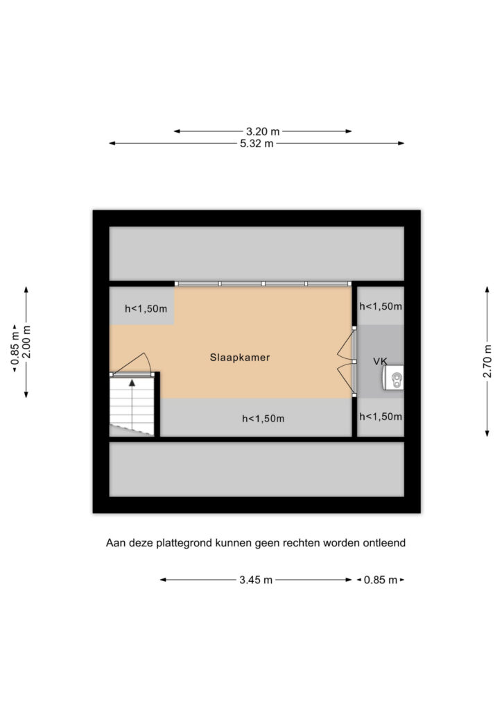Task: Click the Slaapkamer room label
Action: [x=239, y=358]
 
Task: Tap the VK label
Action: [x=380, y=361]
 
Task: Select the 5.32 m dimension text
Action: [x=257, y=144]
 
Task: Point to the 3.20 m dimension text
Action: [x=263, y=131]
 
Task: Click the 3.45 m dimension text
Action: [x=256, y=580]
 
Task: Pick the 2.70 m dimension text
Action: [x=487, y=361]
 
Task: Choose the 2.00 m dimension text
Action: [x=26, y=342]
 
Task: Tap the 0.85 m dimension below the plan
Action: [x=380, y=580]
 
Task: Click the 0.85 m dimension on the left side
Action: [x=15, y=349]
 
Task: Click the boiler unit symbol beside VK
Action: [x=393, y=378]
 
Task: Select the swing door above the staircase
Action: [x=131, y=364]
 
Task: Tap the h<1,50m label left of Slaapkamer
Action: [x=146, y=309]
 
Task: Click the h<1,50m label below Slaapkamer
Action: [x=263, y=419]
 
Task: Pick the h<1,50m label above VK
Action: [x=380, y=306]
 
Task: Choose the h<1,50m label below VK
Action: [x=380, y=417]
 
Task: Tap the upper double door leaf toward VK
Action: [x=346, y=346]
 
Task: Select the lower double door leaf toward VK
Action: [x=346, y=378]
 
